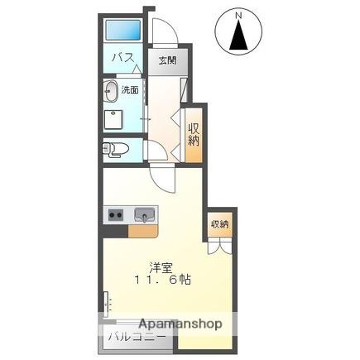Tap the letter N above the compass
pos(238,14)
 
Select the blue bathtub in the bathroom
pos(123,31)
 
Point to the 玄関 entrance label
pos(167,60)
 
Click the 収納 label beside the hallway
pos(194,132)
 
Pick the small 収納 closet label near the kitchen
pos(219,224)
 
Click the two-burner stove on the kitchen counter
pos(115,215)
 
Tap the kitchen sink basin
pos(144,215)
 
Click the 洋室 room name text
pos(161,266)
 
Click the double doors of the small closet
pos(219,245)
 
